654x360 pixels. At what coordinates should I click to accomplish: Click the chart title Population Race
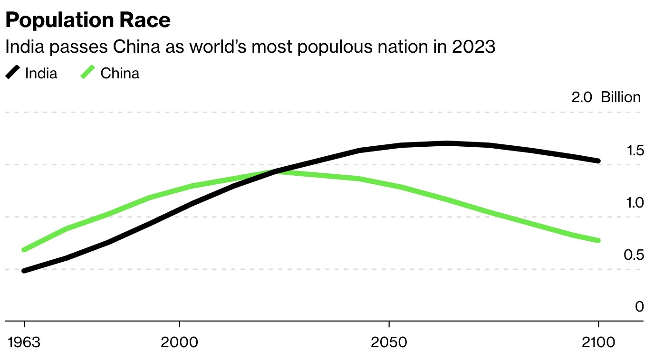[87, 20]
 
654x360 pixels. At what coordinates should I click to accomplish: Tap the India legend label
[41, 74]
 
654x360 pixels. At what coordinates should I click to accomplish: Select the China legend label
[120, 74]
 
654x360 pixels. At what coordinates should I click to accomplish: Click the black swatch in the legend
[13, 73]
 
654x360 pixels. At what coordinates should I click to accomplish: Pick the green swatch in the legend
[88, 73]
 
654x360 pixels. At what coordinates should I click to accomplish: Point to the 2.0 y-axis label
[582, 98]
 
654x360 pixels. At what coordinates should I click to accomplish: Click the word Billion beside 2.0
[621, 98]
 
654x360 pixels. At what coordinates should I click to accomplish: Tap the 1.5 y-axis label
[635, 151]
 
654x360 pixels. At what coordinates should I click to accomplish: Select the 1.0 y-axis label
[635, 203]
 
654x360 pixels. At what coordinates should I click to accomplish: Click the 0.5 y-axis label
[635, 256]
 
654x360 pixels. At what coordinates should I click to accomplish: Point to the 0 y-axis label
[639, 307]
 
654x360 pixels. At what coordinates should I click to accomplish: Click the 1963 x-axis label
[24, 342]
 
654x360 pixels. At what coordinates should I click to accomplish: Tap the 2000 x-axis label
[179, 342]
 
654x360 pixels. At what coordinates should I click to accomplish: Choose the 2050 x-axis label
[389, 342]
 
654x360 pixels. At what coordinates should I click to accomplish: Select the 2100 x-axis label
[598, 342]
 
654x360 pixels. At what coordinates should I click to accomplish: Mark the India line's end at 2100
[598, 161]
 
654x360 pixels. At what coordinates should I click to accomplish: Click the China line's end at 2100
[598, 240]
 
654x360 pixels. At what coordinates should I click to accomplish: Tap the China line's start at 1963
[24, 250]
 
